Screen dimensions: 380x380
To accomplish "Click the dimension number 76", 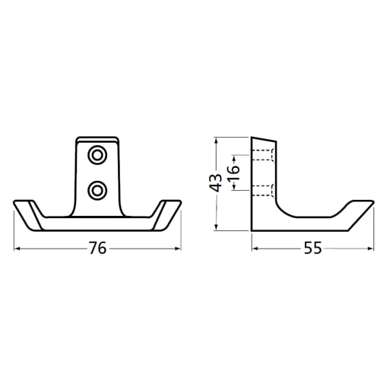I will pos(97,248).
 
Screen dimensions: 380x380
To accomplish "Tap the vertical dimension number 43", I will pos(216,183).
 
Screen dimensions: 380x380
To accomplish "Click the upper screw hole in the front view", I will pos(97,156).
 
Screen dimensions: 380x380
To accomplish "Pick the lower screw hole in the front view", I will pos(97,188).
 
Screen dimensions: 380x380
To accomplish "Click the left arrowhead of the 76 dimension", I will pos(17,247).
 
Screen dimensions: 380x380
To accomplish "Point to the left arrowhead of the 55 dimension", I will pos(254,247).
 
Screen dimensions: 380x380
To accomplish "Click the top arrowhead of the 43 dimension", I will pos(217,141).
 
